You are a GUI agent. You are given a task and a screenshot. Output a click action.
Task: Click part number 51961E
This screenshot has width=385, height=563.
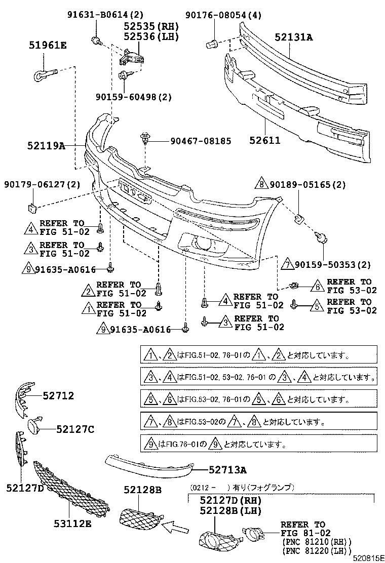47,46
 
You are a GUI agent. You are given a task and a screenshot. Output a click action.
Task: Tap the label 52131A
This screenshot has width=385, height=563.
294,37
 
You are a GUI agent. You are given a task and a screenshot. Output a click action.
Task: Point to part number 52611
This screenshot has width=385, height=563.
263,140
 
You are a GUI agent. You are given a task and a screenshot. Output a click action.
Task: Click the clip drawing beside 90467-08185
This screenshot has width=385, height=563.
146,137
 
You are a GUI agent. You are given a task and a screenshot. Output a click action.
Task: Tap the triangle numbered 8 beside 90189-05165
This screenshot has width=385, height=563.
261,185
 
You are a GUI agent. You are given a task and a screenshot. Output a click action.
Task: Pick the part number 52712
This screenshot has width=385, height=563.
58,395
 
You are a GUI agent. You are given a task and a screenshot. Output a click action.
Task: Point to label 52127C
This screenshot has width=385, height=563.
75,429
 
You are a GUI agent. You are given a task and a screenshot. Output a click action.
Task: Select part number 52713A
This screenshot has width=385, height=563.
227,470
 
